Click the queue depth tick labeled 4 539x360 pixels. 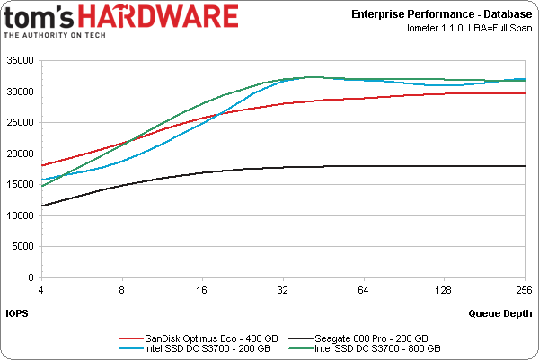(40, 290)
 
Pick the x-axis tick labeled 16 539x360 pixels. (202, 290)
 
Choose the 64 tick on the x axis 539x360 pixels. (364, 290)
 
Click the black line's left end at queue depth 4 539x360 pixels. (41, 206)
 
